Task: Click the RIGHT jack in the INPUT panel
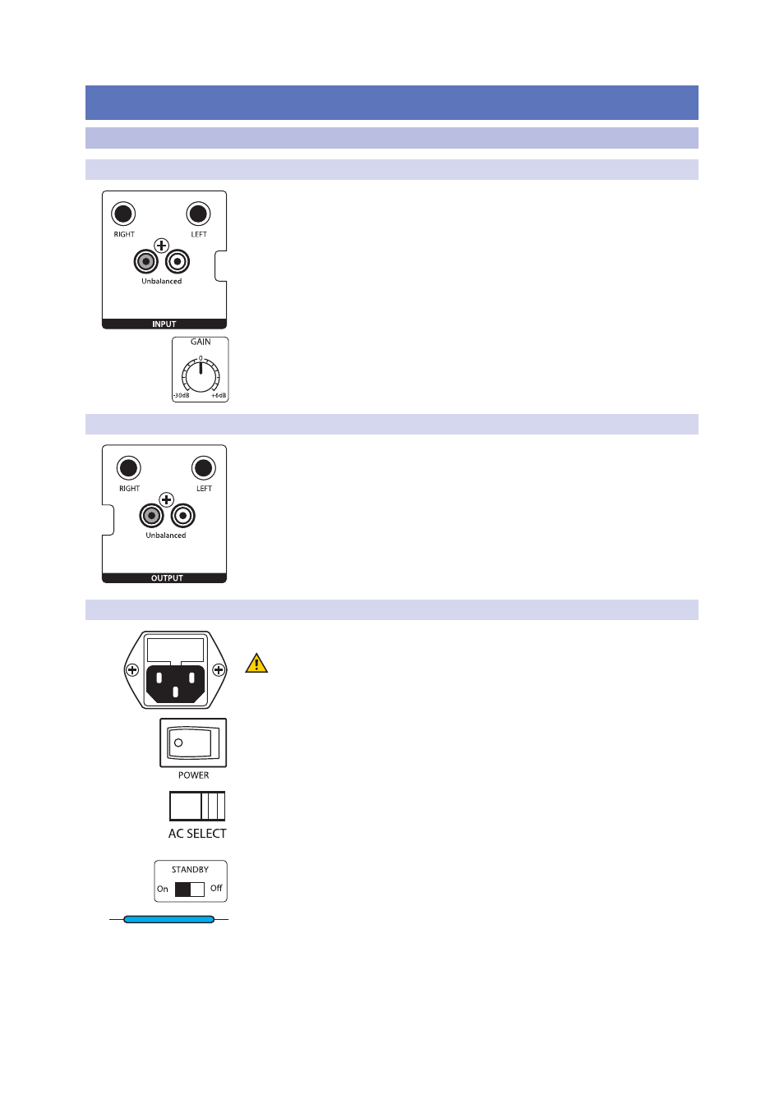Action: (x=123, y=214)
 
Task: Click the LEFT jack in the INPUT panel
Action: (x=198, y=214)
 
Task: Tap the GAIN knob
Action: (x=201, y=377)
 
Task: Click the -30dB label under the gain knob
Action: (x=181, y=396)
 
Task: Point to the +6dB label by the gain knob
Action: (x=219, y=396)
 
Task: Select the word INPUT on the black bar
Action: (x=164, y=324)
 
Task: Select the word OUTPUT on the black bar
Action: (x=167, y=578)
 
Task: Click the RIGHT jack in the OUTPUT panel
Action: (x=128, y=468)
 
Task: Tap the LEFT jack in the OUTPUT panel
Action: (x=203, y=468)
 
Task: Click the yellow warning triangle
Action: (x=256, y=664)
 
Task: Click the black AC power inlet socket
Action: (x=175, y=683)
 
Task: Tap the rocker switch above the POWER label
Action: (x=193, y=742)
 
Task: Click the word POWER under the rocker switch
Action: (x=193, y=775)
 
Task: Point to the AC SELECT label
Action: (x=197, y=834)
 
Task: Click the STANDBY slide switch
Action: (x=189, y=889)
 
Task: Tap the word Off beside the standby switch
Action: (x=216, y=888)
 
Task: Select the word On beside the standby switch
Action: (x=163, y=889)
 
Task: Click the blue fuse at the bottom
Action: (x=168, y=919)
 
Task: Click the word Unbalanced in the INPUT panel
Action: (x=162, y=282)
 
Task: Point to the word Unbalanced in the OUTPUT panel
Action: (x=166, y=536)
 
